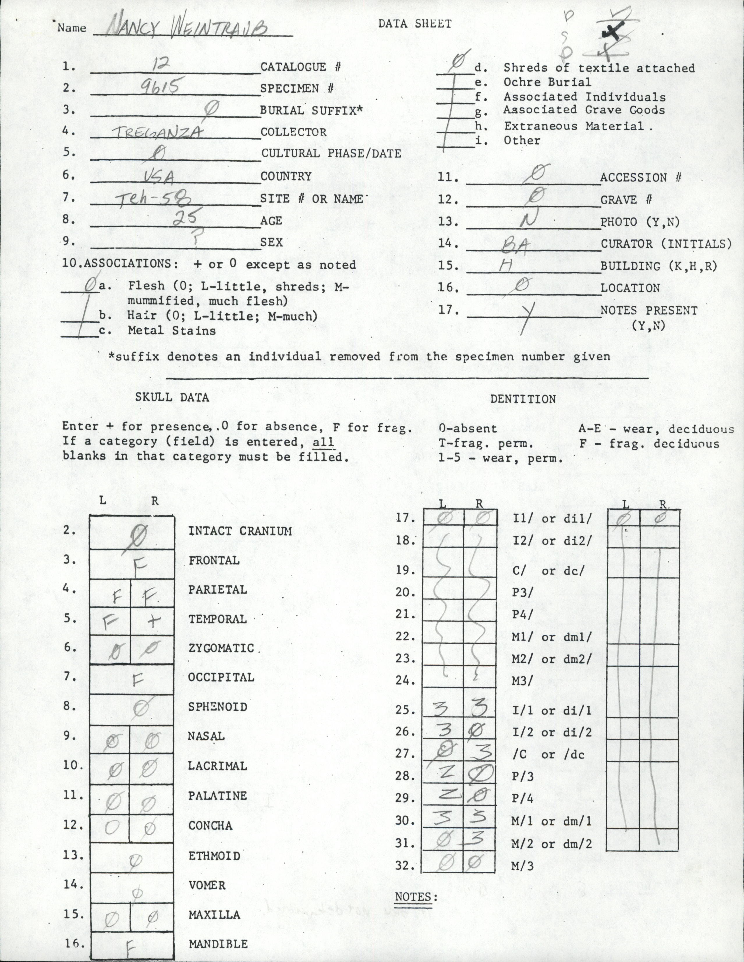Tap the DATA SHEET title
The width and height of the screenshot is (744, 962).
pos(415,24)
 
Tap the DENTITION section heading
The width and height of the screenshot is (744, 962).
pos(523,399)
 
